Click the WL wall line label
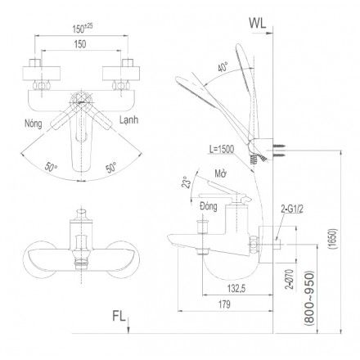pos(258,24)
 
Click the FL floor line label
pos(119,316)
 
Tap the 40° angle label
pos(223,66)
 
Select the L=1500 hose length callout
pos(223,149)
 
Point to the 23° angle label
pos(187,182)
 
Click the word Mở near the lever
pos(220,173)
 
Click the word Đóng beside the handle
pos(209,206)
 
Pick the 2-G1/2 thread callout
pos(292,209)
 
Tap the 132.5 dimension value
pos(236,288)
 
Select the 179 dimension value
pos(224,304)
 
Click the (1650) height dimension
pos(333,239)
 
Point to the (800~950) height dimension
pos(309,299)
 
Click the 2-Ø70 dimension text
pos(290,279)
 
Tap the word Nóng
pos(34,124)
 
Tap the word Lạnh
pos(128,120)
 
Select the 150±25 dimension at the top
pos(83,29)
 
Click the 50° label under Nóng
pos(51,167)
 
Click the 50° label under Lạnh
pos(111,167)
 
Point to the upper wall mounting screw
pos(279,147)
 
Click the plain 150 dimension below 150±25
pos(80,44)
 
